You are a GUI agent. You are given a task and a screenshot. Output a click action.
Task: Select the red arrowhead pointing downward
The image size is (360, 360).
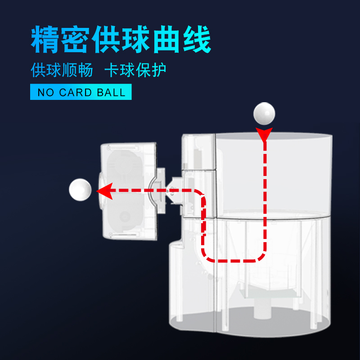click(x=265, y=134)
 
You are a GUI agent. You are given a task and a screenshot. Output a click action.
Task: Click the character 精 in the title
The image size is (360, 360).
click(x=45, y=40)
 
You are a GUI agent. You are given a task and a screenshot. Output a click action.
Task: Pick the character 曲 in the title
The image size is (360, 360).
click(x=166, y=40)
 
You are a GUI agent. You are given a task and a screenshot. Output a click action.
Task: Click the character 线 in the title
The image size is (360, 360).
click(x=196, y=40)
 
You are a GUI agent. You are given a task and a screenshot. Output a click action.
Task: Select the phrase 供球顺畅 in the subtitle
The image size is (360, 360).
click(x=62, y=70)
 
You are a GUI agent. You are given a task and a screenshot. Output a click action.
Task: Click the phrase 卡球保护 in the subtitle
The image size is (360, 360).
click(x=135, y=70)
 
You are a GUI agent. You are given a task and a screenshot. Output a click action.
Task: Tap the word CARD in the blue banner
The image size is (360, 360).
click(x=76, y=93)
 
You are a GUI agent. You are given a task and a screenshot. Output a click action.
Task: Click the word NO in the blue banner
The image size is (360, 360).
click(x=45, y=93)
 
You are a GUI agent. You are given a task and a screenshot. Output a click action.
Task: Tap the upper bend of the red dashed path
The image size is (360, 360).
click(x=202, y=193)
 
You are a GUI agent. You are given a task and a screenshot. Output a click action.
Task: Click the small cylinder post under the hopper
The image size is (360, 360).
click(x=260, y=309)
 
